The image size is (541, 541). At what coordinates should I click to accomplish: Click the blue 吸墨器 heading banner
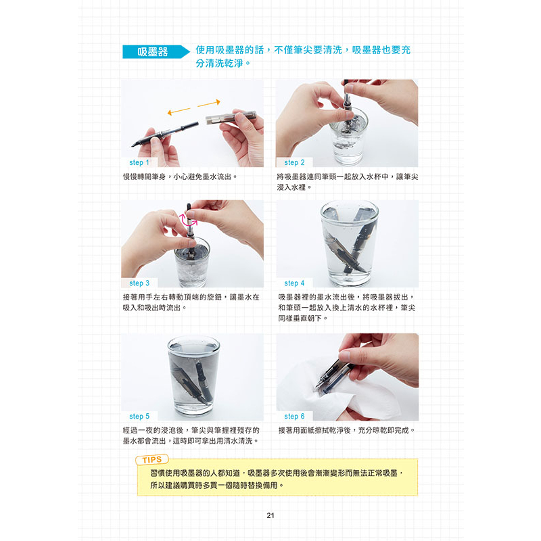156,52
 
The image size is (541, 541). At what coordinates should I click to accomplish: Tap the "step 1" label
139,162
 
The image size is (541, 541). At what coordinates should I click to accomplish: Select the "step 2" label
294,162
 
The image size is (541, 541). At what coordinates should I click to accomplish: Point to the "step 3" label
139,283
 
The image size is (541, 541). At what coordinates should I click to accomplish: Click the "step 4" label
294,283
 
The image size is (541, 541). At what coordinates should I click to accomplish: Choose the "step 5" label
139,417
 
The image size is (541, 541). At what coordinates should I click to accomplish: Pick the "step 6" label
294,417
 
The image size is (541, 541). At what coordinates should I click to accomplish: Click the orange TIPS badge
151,460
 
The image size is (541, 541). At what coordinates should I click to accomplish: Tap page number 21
270,515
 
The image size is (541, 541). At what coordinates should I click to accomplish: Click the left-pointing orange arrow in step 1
179,111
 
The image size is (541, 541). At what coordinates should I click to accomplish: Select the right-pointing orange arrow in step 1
209,103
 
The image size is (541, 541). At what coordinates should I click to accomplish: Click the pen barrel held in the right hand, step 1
231,117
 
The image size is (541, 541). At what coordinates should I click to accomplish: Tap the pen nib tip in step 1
132,146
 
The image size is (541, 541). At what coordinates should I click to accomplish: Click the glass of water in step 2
348,138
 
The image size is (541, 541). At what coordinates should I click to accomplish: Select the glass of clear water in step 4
349,243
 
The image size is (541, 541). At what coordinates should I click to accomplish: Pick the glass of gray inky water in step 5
193,376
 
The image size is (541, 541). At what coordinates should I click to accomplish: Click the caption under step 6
346,430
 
